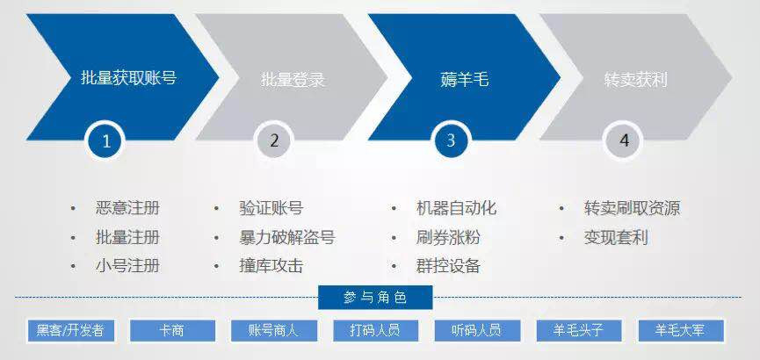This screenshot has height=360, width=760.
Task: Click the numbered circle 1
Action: point(106,141)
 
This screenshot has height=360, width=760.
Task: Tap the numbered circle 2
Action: point(274,140)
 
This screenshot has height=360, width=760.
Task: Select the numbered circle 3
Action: point(451,140)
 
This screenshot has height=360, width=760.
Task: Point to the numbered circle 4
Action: point(624,140)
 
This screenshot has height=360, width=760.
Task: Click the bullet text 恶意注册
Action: point(127,208)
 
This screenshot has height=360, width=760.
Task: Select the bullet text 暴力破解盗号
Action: point(286,237)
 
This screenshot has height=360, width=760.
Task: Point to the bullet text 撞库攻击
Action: point(271,266)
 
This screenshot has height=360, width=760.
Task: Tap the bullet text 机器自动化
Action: point(456,208)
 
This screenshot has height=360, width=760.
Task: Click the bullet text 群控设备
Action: point(448,266)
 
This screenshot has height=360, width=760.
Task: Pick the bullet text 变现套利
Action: point(616,237)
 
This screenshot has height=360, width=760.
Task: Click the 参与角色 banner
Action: point(375,297)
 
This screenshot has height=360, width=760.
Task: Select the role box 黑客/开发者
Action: point(70,331)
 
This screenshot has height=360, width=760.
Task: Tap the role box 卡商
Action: point(172,331)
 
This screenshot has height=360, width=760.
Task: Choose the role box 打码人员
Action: point(375,331)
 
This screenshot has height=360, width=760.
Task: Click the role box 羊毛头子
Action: point(579,331)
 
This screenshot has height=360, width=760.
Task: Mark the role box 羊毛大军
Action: point(681,331)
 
